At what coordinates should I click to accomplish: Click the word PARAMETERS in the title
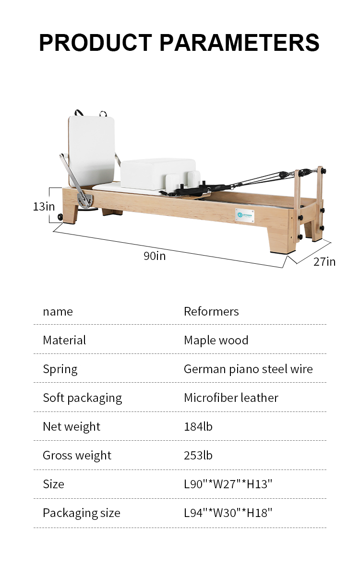tap(240, 42)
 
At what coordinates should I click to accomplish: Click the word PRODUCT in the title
tap(96, 42)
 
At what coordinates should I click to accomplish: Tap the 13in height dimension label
tap(44, 206)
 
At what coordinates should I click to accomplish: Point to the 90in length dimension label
tap(155, 256)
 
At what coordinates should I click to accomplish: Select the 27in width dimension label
tap(324, 261)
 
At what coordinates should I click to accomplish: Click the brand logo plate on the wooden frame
tap(245, 215)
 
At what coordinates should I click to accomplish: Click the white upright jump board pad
tap(91, 149)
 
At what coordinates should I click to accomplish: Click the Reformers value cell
tap(211, 312)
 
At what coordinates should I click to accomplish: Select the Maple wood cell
tap(216, 341)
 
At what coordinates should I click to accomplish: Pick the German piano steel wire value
tap(249, 369)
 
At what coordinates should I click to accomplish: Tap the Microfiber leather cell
tap(231, 398)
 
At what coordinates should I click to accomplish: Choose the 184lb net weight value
tap(198, 427)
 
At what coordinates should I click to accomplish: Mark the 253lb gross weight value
tap(198, 456)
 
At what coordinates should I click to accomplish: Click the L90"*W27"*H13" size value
tap(228, 484)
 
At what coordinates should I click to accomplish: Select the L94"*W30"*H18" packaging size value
tap(228, 513)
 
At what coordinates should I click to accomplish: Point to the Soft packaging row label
tap(83, 398)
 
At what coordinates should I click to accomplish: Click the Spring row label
tap(60, 369)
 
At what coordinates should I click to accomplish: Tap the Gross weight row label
tap(77, 456)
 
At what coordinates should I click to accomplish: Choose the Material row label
tap(64, 341)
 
